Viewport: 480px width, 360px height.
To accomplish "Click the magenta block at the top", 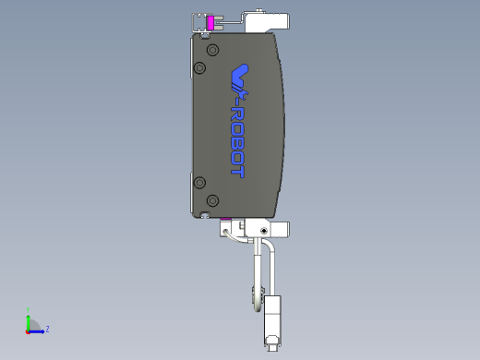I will coord(210,22).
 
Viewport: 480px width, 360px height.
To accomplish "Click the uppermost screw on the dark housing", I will coord(212,49).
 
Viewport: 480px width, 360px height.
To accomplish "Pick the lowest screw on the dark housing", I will coord(212,200).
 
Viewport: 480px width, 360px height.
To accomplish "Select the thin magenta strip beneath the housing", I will coord(225,218).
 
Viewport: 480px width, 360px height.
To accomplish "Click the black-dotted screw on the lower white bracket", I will coord(265,229).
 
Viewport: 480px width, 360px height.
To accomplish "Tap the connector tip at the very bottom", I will coord(271,346).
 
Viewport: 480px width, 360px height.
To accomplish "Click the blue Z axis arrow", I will coord(38,330).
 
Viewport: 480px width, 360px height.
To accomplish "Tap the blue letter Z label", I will coord(47,329).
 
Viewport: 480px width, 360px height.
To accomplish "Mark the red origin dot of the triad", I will coord(29,330).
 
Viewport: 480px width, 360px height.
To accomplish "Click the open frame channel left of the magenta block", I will coord(198,22).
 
